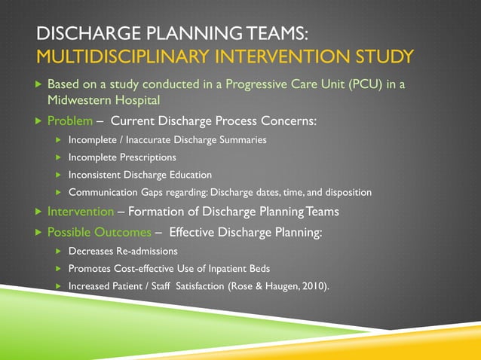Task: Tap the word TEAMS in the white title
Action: pos(269,34)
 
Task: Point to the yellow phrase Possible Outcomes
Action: pos(99,233)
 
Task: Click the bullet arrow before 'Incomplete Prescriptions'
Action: pos(57,157)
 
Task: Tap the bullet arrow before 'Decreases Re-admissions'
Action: pos(57,250)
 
